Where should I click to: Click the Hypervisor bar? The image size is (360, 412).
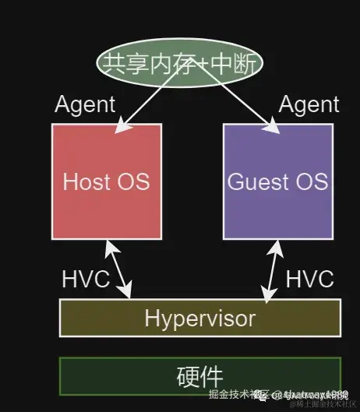tap(199, 318)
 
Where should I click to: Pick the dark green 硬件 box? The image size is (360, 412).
tap(199, 377)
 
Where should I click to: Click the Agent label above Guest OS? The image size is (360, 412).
tap(309, 104)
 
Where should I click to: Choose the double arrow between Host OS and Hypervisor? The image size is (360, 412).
tap(118, 269)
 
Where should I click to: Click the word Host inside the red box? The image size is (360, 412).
tap(86, 182)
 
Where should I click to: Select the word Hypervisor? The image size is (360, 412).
tap(199, 318)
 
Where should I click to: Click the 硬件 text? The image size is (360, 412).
tap(200, 377)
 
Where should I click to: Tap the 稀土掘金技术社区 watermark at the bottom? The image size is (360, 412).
tap(319, 403)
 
